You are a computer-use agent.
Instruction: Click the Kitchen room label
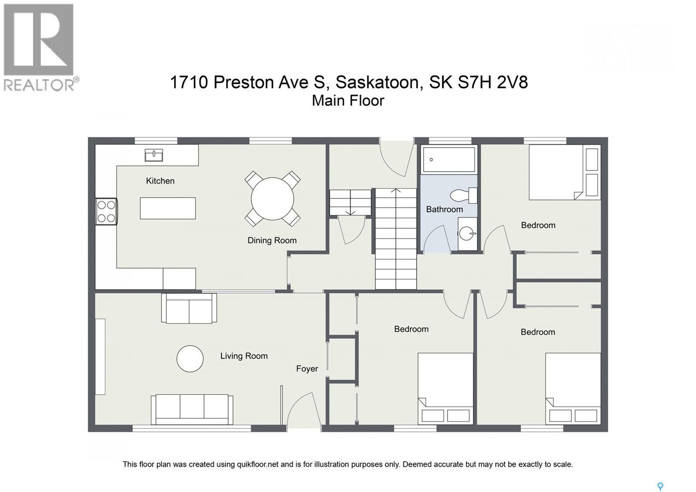pyautogui.click(x=160, y=181)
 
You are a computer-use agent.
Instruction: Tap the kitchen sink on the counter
pyautogui.click(x=154, y=155)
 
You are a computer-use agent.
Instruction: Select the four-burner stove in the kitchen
pyautogui.click(x=106, y=212)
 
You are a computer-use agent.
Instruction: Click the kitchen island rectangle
pyautogui.click(x=168, y=208)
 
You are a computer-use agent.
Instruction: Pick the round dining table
pyautogui.click(x=272, y=199)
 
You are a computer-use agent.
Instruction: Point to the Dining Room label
pyautogui.click(x=272, y=240)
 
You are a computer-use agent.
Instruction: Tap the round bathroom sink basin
pyautogui.click(x=466, y=233)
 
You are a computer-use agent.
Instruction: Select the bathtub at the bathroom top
pyautogui.click(x=449, y=159)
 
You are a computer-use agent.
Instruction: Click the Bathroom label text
pyautogui.click(x=444, y=209)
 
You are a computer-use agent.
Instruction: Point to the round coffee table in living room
pyautogui.click(x=190, y=359)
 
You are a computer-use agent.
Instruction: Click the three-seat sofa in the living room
pyautogui.click(x=192, y=409)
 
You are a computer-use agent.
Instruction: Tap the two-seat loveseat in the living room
pyautogui.click(x=189, y=308)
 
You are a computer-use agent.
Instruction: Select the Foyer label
pyautogui.click(x=307, y=369)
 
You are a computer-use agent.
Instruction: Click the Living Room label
pyautogui.click(x=244, y=356)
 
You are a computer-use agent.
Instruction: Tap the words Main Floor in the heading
pyautogui.click(x=348, y=101)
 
